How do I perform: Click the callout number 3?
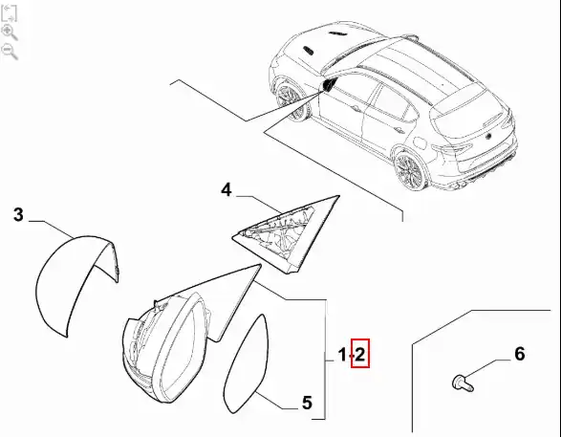(x=18, y=215)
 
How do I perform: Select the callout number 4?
(x=227, y=189)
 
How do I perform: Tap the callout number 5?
(x=307, y=403)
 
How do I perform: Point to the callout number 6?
(x=520, y=354)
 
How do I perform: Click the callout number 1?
(x=342, y=355)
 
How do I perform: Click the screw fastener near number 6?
(x=463, y=383)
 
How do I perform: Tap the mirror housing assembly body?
(x=168, y=343)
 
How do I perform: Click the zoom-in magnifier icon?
(x=10, y=33)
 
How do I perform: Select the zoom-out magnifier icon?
(x=10, y=52)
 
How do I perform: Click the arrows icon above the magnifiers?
(x=9, y=13)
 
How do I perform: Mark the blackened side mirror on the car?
(x=328, y=85)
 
